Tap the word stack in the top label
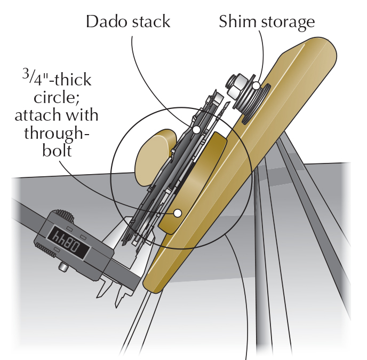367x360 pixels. (149, 22)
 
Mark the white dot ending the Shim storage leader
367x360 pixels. (256, 85)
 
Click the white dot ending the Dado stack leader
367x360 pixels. (196, 129)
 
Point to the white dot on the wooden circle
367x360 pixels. (177, 213)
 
